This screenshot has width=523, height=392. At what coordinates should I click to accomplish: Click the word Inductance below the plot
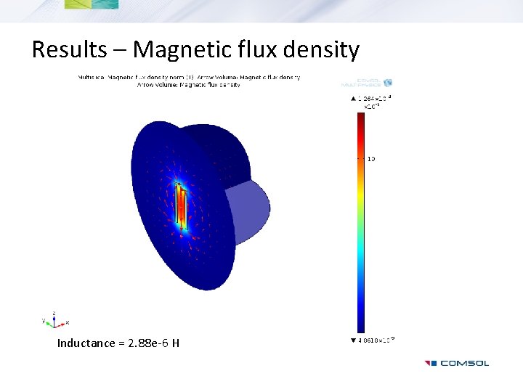[x=86, y=343]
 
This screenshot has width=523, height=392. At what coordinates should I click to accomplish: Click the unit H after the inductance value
[x=176, y=343]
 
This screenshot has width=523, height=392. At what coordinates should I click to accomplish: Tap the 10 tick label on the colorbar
[x=370, y=158]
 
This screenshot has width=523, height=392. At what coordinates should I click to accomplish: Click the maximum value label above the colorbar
[x=371, y=97]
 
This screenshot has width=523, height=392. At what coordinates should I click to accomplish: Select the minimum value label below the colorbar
[x=373, y=340]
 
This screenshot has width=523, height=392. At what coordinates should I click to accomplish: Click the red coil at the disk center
[x=180, y=206]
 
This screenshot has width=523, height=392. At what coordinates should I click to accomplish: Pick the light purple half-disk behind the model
[x=251, y=207]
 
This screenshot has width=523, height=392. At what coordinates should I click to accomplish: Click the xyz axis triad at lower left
[x=54, y=319]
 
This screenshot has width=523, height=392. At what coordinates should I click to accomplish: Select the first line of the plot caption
[x=189, y=77]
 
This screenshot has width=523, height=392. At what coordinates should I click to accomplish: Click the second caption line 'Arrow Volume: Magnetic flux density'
[x=189, y=85]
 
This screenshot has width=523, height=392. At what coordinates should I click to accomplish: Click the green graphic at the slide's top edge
[x=92, y=4]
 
